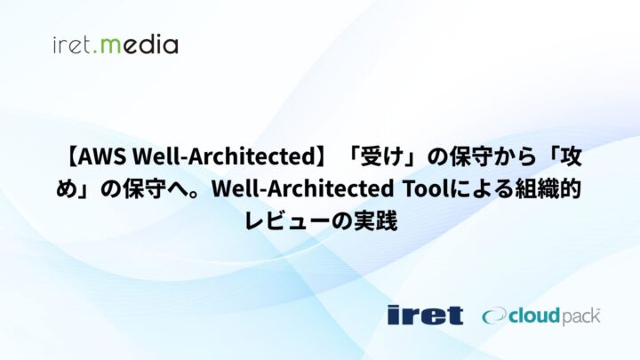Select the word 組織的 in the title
coord(548,188)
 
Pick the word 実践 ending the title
coord(374,219)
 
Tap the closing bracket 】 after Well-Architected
coord(313,157)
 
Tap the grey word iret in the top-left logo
coord(73,44)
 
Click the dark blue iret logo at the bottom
coord(425,315)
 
